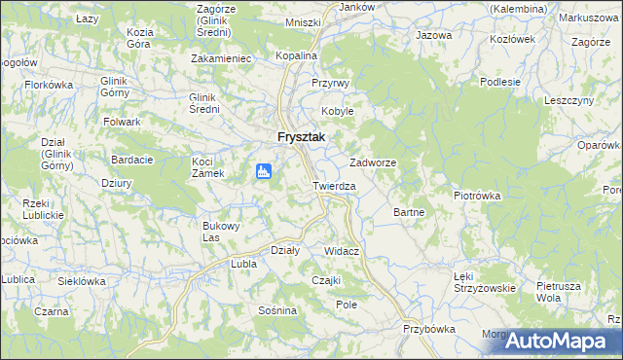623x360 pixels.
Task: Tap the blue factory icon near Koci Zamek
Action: tap(263, 172)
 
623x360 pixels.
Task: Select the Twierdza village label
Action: tap(334, 185)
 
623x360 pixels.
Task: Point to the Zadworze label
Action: tap(372, 162)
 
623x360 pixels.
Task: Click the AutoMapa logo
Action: tap(564, 342)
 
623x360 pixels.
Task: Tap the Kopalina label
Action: tap(296, 56)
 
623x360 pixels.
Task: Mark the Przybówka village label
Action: tap(428, 329)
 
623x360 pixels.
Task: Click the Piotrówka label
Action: tap(477, 195)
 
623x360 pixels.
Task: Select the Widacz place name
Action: tap(342, 251)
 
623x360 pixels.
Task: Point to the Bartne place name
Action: tap(407, 211)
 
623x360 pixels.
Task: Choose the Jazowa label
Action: tap(434, 35)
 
